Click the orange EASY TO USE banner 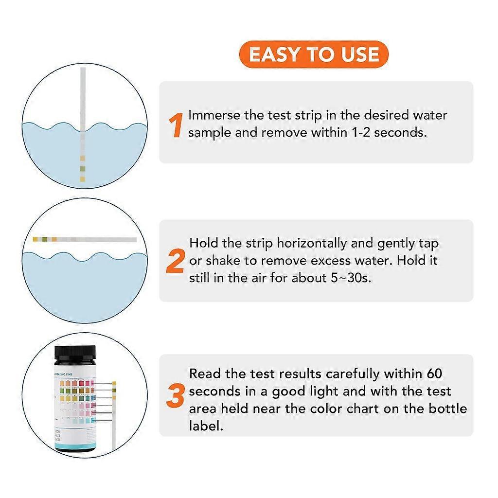coord(314,54)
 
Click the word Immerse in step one coord(214,115)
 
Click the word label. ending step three coord(206,426)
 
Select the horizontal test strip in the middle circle coord(85,239)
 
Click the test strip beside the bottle coord(114,413)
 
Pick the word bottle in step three coord(445,409)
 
